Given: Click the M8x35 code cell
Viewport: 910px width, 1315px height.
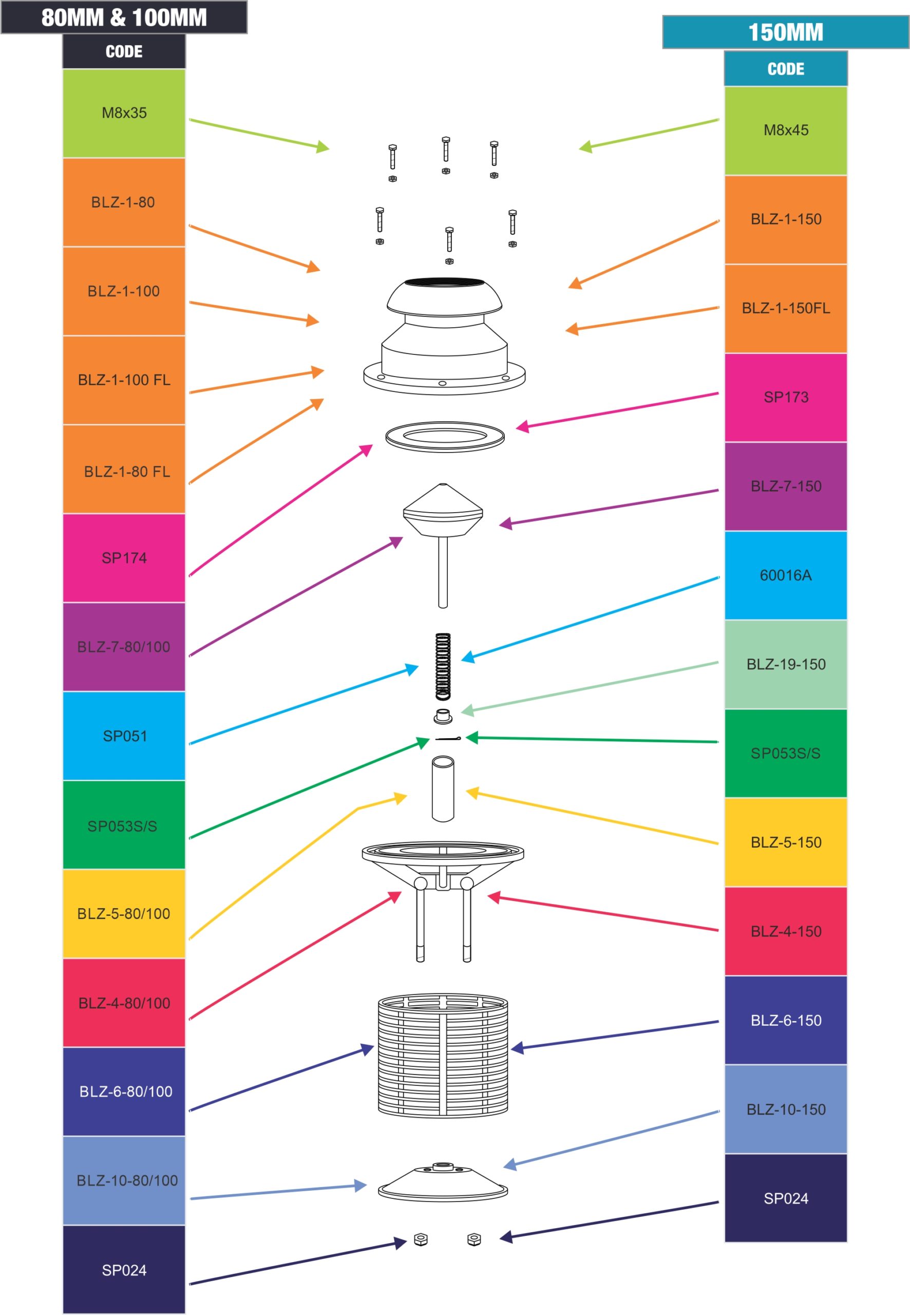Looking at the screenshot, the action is point(124,113).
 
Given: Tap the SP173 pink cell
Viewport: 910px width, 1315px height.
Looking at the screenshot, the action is point(786,398).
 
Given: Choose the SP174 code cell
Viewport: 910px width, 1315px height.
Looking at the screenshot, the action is point(124,558).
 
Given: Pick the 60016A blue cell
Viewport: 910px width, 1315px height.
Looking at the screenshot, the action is point(786,575).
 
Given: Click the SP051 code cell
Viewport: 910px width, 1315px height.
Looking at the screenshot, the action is point(124,736).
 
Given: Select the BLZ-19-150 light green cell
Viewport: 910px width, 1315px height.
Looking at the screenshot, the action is point(786,664).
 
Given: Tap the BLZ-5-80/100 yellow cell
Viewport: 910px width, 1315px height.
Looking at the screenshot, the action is point(124,913).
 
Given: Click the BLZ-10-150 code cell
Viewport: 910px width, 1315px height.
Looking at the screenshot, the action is point(786,1109).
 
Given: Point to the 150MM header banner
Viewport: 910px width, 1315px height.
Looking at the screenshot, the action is point(786,32).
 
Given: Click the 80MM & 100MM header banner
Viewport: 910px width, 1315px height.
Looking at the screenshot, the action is point(124,17).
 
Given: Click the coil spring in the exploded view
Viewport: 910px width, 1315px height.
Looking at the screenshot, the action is point(443,666).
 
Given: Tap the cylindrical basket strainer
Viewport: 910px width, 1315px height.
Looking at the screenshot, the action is point(443,1056).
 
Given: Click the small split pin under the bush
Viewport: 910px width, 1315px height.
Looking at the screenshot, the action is point(448,739).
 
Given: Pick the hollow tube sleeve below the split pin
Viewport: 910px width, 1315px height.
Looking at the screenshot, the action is point(443,788).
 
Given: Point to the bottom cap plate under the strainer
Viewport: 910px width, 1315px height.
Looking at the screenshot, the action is point(443,1181).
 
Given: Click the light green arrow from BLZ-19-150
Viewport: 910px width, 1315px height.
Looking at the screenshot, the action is point(590,687).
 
